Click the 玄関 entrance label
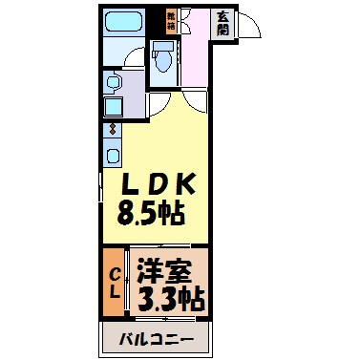[x=221, y=23]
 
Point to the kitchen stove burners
[x=112, y=130]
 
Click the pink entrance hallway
[x=201, y=67]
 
